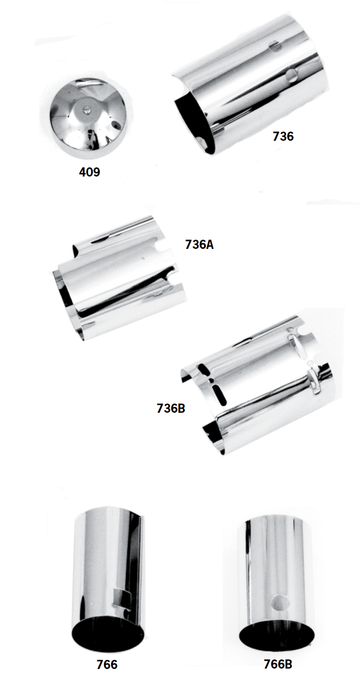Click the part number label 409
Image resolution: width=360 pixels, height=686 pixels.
pos(89,172)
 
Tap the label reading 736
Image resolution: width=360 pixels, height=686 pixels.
pos(283,136)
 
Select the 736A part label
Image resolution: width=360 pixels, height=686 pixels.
pos(199,245)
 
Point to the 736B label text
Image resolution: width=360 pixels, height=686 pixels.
pos(171,408)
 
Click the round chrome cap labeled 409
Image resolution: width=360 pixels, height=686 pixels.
pos(90,119)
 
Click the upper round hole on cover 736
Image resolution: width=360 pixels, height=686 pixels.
pos(275,47)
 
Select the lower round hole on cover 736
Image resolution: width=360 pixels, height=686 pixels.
pos(292,75)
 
